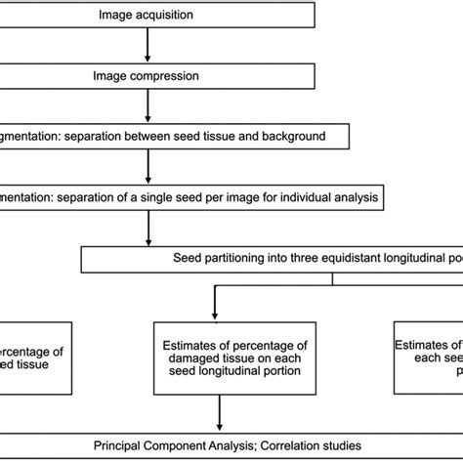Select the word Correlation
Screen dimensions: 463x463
coord(296,442)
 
